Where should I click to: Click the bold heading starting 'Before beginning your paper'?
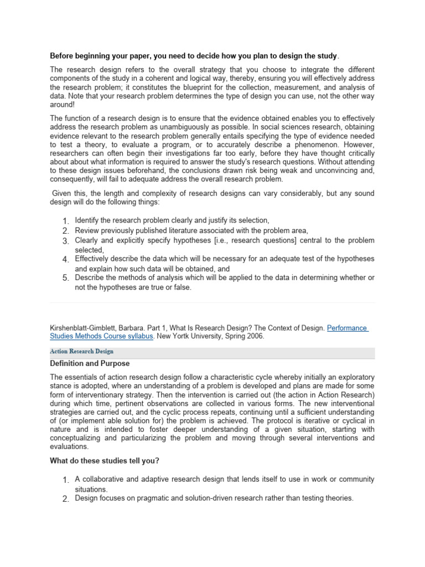[x=194, y=56]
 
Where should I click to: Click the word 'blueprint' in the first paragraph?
[x=203, y=87]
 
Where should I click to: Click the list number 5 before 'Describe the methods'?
[x=65, y=278]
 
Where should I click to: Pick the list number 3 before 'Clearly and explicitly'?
[x=65, y=241]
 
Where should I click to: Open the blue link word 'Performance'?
[x=347, y=328]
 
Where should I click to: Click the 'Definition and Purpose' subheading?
[x=90, y=364]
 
